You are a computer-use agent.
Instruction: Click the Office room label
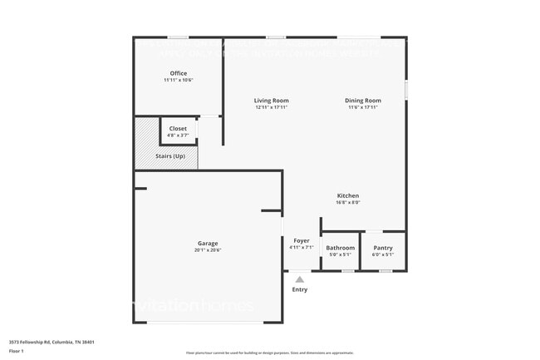point(178,73)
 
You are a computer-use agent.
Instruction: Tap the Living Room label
point(272,101)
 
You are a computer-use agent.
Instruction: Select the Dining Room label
point(363,101)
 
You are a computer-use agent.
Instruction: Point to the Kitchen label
point(347,195)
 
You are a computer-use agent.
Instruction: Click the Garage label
point(208,244)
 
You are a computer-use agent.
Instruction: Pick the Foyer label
point(302,240)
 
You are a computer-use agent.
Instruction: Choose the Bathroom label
point(341,248)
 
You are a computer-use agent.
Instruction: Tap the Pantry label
point(383,248)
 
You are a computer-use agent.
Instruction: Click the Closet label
point(178,128)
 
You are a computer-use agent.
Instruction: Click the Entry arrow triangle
point(300,279)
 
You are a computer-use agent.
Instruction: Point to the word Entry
point(300,289)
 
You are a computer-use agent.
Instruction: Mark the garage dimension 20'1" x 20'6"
point(208,250)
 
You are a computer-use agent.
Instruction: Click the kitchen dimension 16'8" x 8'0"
point(347,202)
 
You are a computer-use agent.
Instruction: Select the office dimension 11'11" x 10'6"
point(178,80)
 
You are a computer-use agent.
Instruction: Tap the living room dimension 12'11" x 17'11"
point(272,107)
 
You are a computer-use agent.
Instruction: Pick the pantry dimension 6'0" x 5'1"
point(383,254)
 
